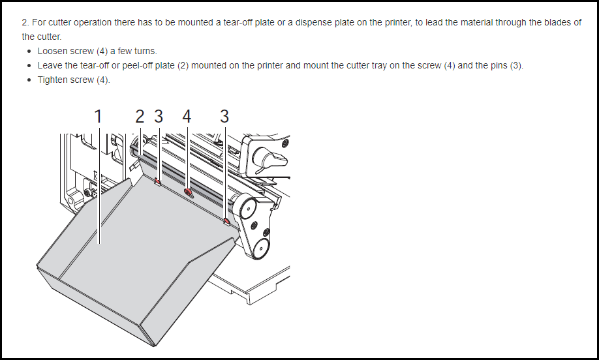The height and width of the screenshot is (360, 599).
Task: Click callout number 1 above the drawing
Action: point(98,117)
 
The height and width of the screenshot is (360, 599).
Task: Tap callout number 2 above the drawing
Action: point(140,117)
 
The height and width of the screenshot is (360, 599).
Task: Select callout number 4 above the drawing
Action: point(187,117)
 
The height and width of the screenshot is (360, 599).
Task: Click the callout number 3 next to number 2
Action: point(159,117)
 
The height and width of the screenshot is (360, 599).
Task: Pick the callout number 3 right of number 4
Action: point(224,117)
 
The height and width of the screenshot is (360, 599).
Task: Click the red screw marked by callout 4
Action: point(187,192)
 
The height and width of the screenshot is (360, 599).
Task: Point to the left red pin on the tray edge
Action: point(157,181)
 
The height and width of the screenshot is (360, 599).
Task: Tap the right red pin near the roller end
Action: point(226,221)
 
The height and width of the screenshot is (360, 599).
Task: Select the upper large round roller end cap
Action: point(248,207)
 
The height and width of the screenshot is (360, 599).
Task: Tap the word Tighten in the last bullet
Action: point(52,80)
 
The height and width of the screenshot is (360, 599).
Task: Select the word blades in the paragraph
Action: point(549,23)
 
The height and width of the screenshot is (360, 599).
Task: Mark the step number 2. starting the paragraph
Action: point(25,23)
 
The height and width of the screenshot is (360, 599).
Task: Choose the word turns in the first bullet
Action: point(145,51)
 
